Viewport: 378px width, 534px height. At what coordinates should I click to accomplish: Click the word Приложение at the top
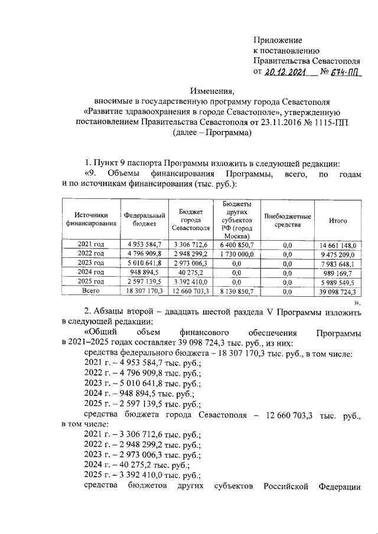(x=277, y=40)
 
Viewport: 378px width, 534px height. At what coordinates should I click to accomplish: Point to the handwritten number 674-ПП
(x=346, y=73)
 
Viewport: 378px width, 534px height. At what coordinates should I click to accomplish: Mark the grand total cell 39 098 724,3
(x=338, y=291)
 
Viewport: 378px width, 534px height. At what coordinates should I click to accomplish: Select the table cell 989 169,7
(x=338, y=272)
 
